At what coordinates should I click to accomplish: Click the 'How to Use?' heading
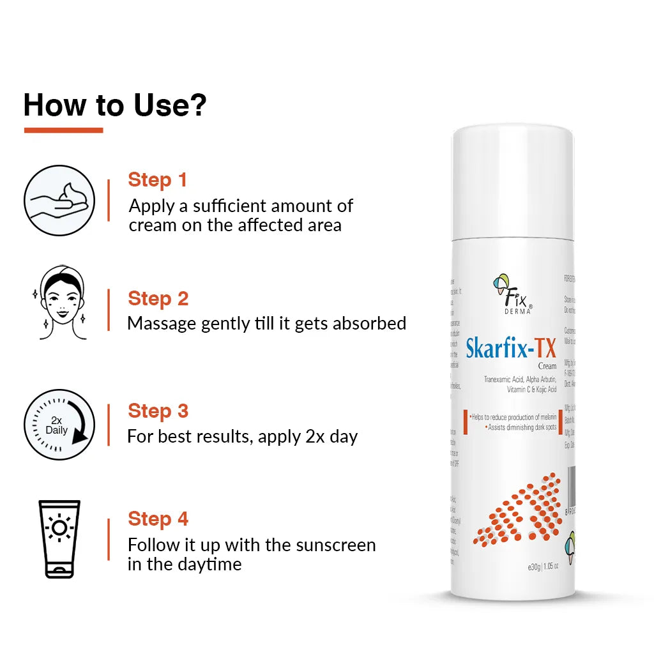click(115, 105)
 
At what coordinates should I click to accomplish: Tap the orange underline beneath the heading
click(63, 130)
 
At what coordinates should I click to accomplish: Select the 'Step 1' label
click(157, 180)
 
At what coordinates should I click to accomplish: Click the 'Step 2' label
click(158, 298)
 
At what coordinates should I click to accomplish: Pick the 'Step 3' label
click(158, 411)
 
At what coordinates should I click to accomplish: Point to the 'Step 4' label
click(158, 519)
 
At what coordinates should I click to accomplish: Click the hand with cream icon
click(59, 201)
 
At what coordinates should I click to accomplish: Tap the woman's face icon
click(59, 303)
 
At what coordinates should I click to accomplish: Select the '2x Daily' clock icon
click(59, 425)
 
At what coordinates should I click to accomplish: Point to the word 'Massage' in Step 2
click(162, 323)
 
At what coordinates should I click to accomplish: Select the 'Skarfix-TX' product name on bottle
click(511, 349)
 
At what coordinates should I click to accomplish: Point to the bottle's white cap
click(513, 179)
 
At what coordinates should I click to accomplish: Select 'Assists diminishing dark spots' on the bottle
click(521, 427)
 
